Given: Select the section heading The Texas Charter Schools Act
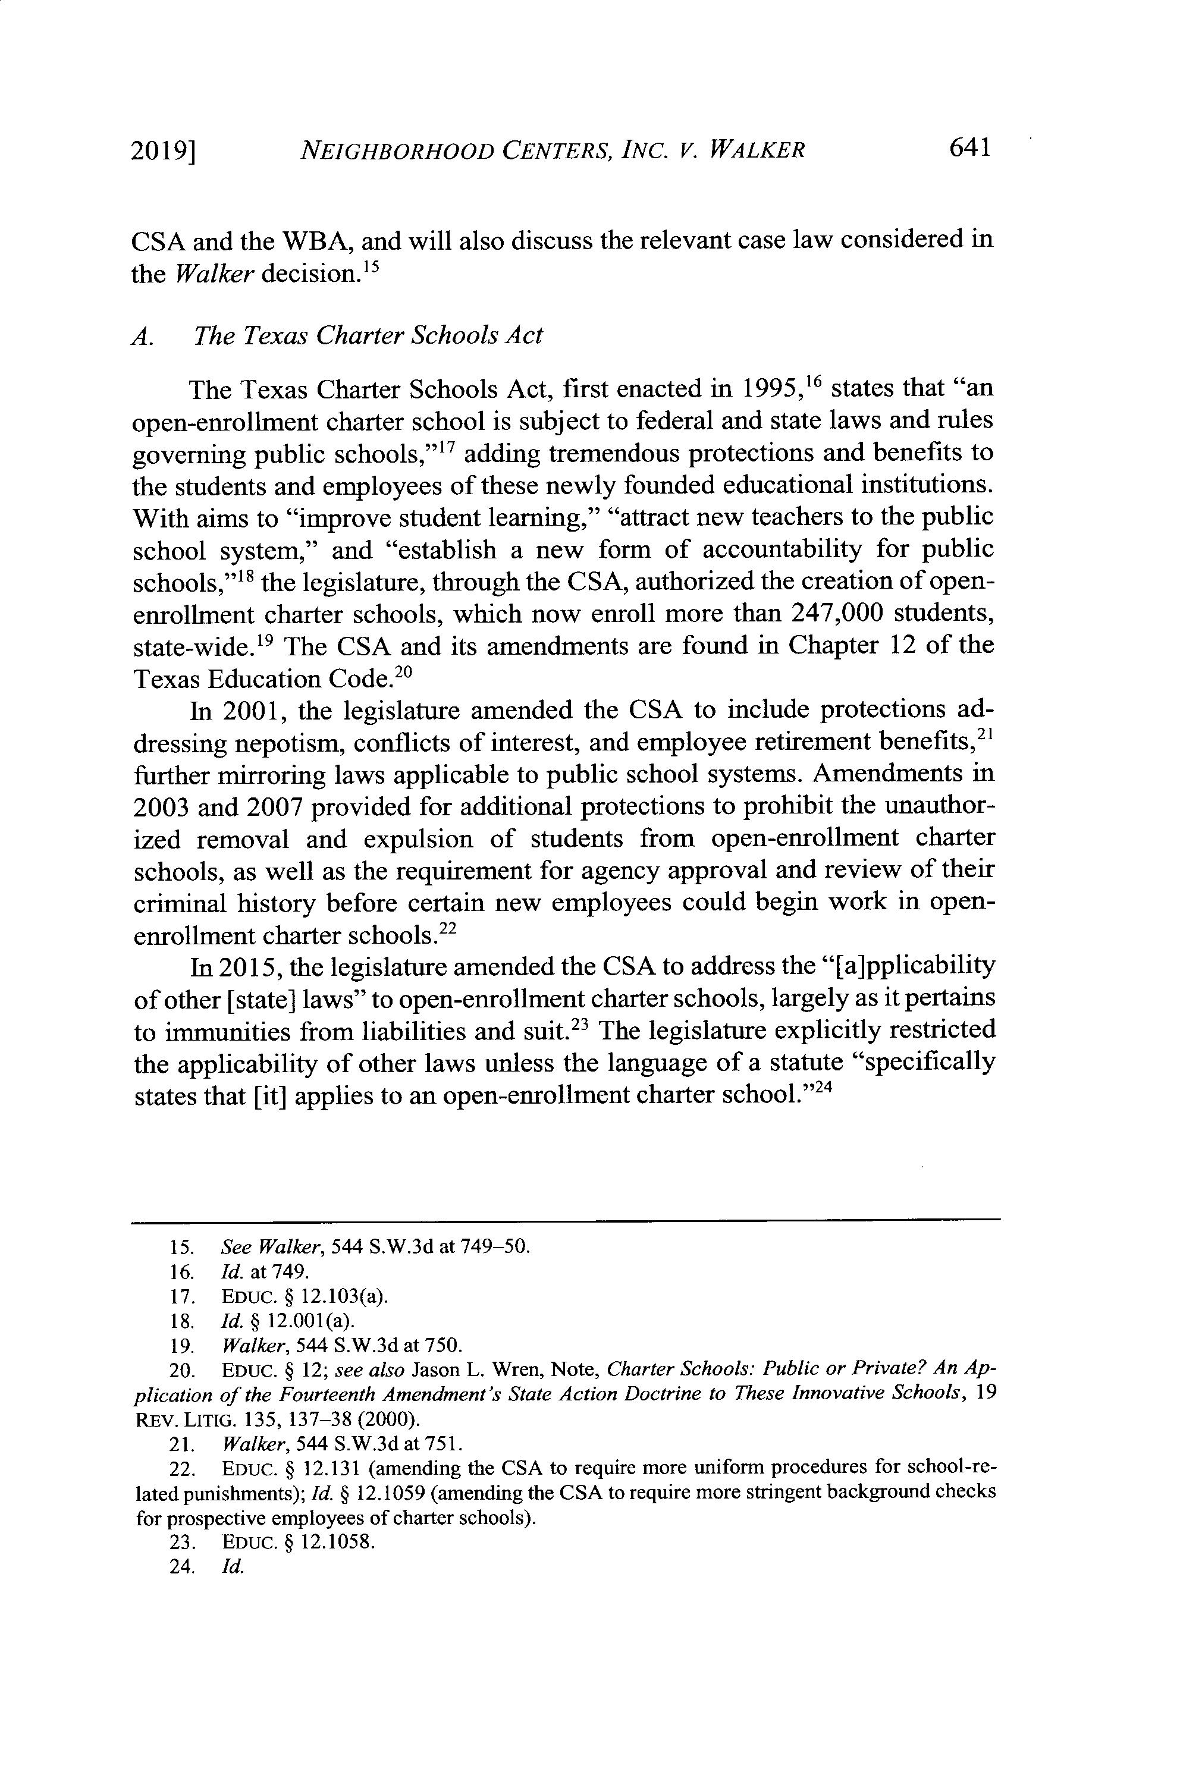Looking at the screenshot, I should pyautogui.click(x=368, y=335).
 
